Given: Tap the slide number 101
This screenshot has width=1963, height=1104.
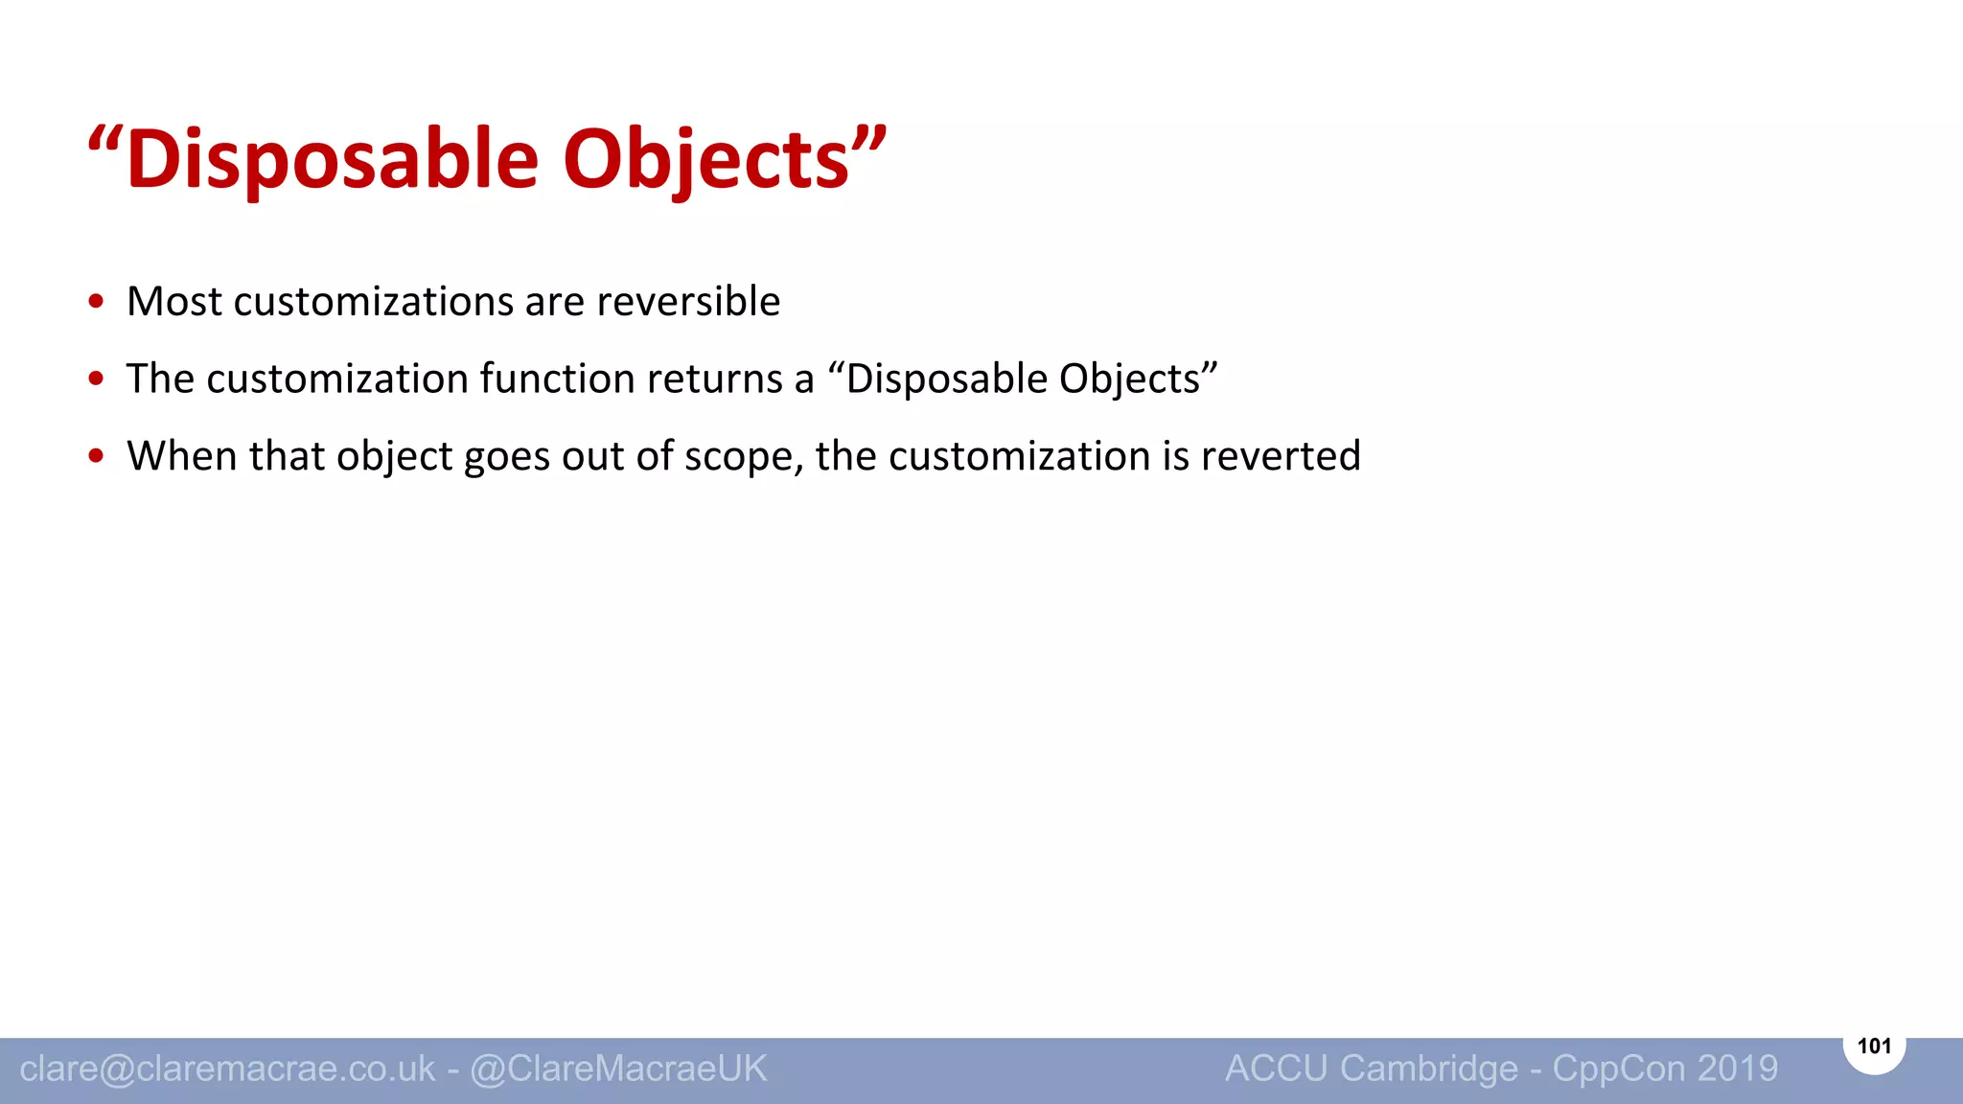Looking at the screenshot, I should point(1874,1046).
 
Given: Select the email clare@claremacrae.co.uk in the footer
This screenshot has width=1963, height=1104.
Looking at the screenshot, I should point(227,1069).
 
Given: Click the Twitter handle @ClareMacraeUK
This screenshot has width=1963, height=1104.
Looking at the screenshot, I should point(619,1069).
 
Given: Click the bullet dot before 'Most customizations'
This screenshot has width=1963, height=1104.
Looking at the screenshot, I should point(96,302).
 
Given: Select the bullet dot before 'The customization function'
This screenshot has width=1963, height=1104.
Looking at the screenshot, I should point(96,379).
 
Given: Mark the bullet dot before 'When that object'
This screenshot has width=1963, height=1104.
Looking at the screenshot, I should point(96,456).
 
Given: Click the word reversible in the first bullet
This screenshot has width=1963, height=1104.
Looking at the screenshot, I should point(688,302).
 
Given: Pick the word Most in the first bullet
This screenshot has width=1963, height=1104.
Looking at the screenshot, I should point(174,302).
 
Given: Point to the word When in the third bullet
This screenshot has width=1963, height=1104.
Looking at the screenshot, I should point(182,456).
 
